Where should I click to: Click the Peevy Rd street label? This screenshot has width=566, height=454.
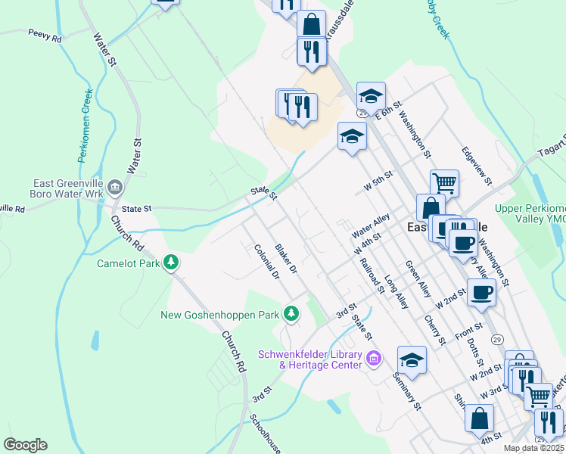point(45,34)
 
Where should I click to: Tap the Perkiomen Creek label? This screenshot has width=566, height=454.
point(85,126)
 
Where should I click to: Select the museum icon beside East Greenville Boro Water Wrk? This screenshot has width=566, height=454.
point(114,186)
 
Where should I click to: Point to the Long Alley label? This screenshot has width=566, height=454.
point(397,291)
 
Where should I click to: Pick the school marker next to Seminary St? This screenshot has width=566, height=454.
point(412,360)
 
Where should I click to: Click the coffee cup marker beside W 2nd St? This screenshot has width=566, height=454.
point(480,292)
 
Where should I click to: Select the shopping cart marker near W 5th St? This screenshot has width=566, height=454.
point(444,182)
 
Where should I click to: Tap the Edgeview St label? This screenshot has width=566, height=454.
point(477,166)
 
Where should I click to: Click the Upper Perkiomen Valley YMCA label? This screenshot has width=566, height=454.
point(530,213)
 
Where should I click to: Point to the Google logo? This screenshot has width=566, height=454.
point(25,445)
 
